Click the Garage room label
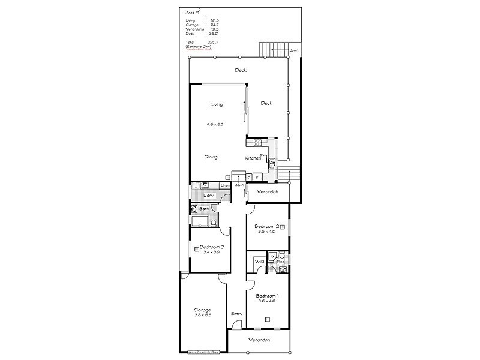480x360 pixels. coord(202,310)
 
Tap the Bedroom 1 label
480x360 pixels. coord(267,296)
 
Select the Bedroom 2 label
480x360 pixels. coord(266,227)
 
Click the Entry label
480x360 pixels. coord(236,314)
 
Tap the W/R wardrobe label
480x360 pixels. coord(260,262)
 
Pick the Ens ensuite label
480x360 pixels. coord(280,262)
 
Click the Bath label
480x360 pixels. coord(203,209)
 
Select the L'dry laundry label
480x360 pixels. coord(209,196)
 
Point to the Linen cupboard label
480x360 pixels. coord(224,185)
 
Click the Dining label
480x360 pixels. coord(210,157)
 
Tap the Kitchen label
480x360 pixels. coord(252,158)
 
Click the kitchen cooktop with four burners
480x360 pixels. coord(258,142)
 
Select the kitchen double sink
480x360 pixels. coord(271,162)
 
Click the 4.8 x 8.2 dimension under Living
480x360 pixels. coord(216,124)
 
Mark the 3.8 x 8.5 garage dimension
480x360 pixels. coord(202,316)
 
